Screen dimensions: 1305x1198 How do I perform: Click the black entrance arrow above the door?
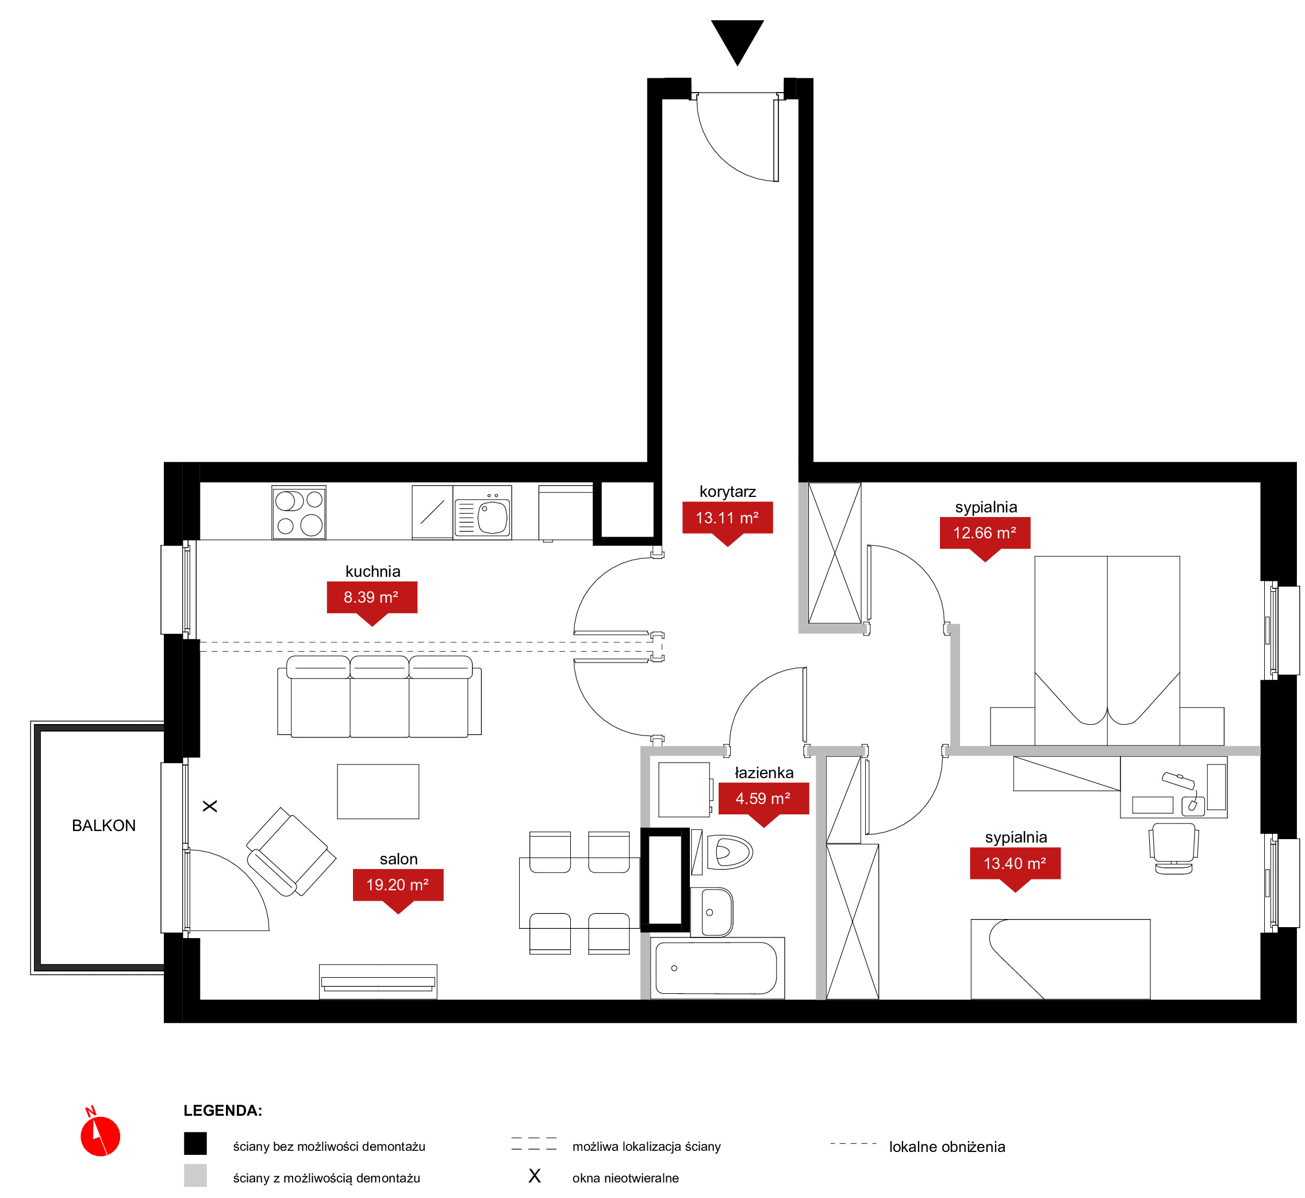(738, 41)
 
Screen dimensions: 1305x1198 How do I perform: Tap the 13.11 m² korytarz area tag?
(728, 521)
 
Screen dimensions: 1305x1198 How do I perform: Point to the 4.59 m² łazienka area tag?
(763, 802)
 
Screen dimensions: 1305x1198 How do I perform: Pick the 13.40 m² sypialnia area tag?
(1015, 867)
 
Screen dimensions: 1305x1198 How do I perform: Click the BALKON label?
(103, 825)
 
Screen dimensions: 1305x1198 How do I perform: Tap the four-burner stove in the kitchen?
(299, 512)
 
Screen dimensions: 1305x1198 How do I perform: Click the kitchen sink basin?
(493, 516)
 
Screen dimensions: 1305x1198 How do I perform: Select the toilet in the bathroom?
(729, 852)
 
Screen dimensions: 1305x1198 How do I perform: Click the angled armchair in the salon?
(291, 852)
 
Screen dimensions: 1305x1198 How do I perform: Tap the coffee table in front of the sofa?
(378, 791)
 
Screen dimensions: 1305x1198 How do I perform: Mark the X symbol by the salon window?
(210, 806)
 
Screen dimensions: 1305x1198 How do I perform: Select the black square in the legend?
(195, 1143)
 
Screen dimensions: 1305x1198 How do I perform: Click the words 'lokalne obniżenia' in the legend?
(947, 1147)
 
